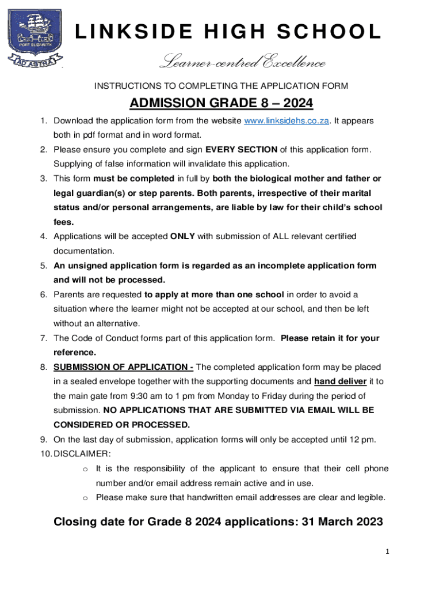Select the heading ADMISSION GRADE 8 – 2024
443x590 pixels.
[221, 103]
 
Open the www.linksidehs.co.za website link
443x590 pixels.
[287, 121]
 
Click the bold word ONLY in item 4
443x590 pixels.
[183, 236]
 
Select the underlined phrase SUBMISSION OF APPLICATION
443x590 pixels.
[123, 367]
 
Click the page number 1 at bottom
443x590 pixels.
[388, 551]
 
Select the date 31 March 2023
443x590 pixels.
[338, 522]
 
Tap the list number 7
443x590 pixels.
[43, 338]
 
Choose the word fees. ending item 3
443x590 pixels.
[64, 222]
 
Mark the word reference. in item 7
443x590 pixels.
[75, 352]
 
